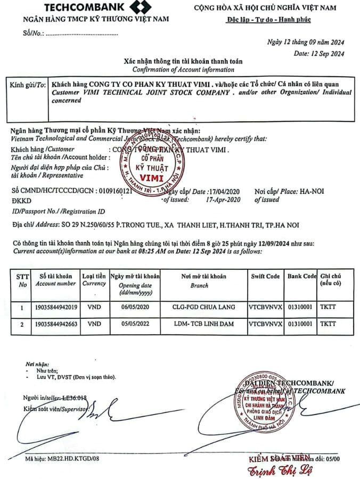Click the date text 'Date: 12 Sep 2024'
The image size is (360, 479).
click(319, 53)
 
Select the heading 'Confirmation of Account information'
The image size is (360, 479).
click(183, 70)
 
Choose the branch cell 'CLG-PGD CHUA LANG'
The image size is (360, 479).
click(203, 308)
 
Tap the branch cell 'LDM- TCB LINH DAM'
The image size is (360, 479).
click(203, 323)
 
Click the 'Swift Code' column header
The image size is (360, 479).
click(265, 276)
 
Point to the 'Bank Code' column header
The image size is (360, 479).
click(302, 276)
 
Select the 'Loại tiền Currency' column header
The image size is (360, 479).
click(94, 280)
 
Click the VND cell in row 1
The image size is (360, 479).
click(94, 308)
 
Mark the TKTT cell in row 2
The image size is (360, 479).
click(329, 323)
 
